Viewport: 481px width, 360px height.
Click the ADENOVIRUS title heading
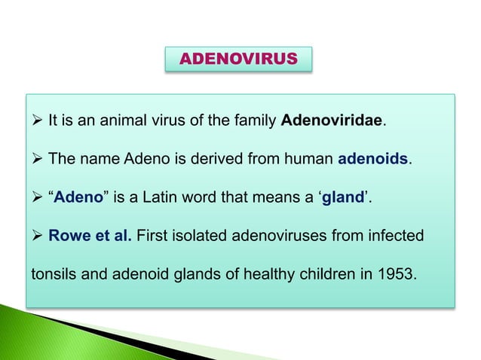[x=238, y=58]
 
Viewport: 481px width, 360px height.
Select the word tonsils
[x=53, y=273]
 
